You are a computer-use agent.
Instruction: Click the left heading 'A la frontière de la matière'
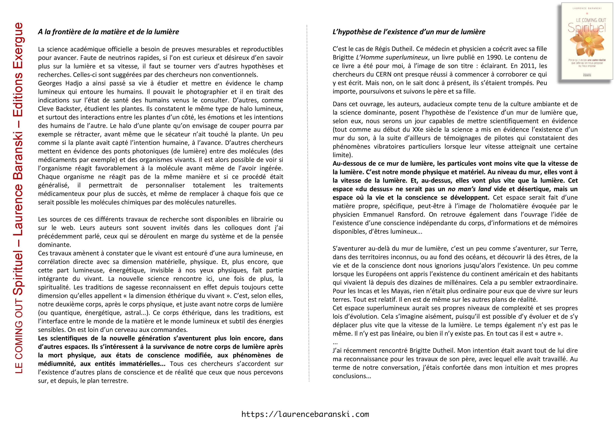(108, 32)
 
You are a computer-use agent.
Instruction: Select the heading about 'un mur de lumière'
(409, 32)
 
